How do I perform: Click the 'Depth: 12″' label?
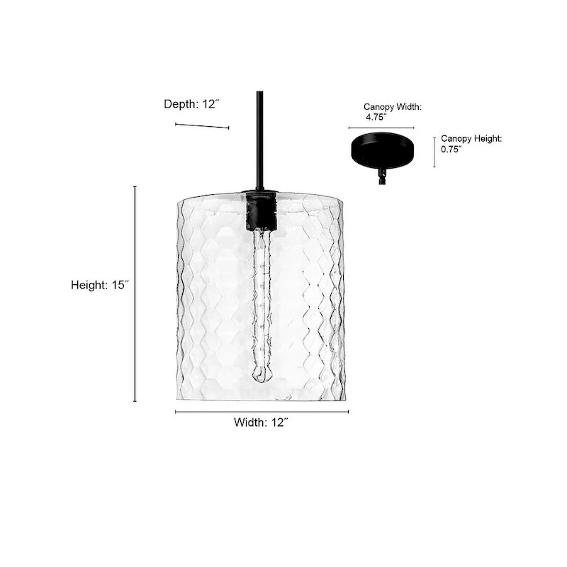[x=192, y=104]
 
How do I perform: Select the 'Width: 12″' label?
[x=261, y=422]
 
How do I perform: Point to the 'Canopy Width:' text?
[x=393, y=107]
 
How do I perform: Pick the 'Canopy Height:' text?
[x=471, y=139]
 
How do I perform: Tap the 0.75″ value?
[x=451, y=150]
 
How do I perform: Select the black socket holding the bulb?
[x=260, y=208]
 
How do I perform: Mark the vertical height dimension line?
[x=135, y=293]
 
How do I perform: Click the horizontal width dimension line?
[x=262, y=412]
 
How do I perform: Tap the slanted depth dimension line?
[x=202, y=126]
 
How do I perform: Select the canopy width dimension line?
[x=381, y=128]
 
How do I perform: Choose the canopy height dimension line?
[x=434, y=152]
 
